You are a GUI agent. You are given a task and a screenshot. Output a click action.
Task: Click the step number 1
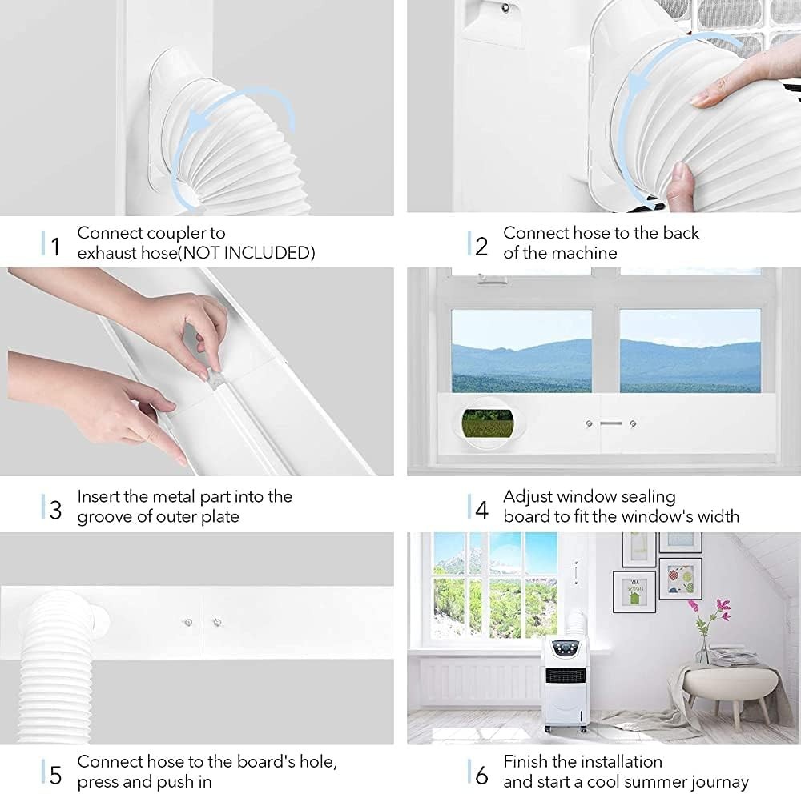coord(55,245)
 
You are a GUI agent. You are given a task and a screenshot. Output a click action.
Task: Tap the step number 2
coord(481,245)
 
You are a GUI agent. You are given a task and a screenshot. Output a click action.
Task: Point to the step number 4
coord(481,507)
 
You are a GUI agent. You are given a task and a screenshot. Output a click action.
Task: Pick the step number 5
coord(55,774)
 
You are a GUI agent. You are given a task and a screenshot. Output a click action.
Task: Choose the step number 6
coord(481,774)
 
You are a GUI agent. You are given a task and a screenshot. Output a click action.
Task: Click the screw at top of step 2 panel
coord(505,8)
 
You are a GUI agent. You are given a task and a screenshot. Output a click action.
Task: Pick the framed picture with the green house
coord(634,591)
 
